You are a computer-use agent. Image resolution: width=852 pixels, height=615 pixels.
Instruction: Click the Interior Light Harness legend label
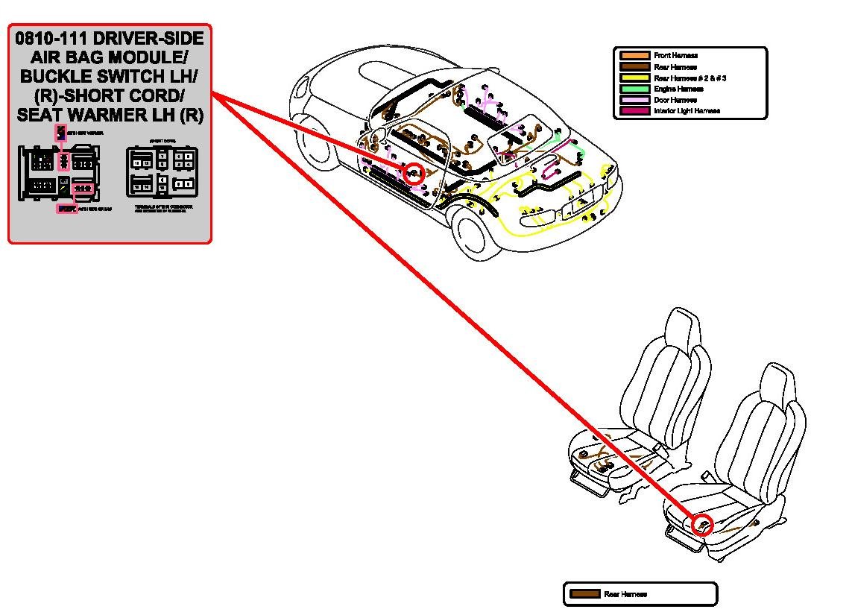687,111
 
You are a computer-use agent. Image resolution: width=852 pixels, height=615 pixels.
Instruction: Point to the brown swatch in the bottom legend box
585,594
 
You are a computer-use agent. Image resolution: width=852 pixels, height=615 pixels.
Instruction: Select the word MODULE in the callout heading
158,57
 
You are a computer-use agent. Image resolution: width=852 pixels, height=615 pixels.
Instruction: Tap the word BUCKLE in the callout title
56,77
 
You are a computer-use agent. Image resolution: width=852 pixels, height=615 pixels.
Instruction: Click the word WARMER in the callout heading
123,116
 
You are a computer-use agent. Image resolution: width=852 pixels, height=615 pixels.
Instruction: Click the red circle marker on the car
413,173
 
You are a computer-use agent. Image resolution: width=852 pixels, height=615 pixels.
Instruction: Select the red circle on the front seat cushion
702,525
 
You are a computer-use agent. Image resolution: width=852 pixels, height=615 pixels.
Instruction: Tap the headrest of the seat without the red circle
682,328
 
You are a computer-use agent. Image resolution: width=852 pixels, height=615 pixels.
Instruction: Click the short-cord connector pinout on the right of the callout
162,171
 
